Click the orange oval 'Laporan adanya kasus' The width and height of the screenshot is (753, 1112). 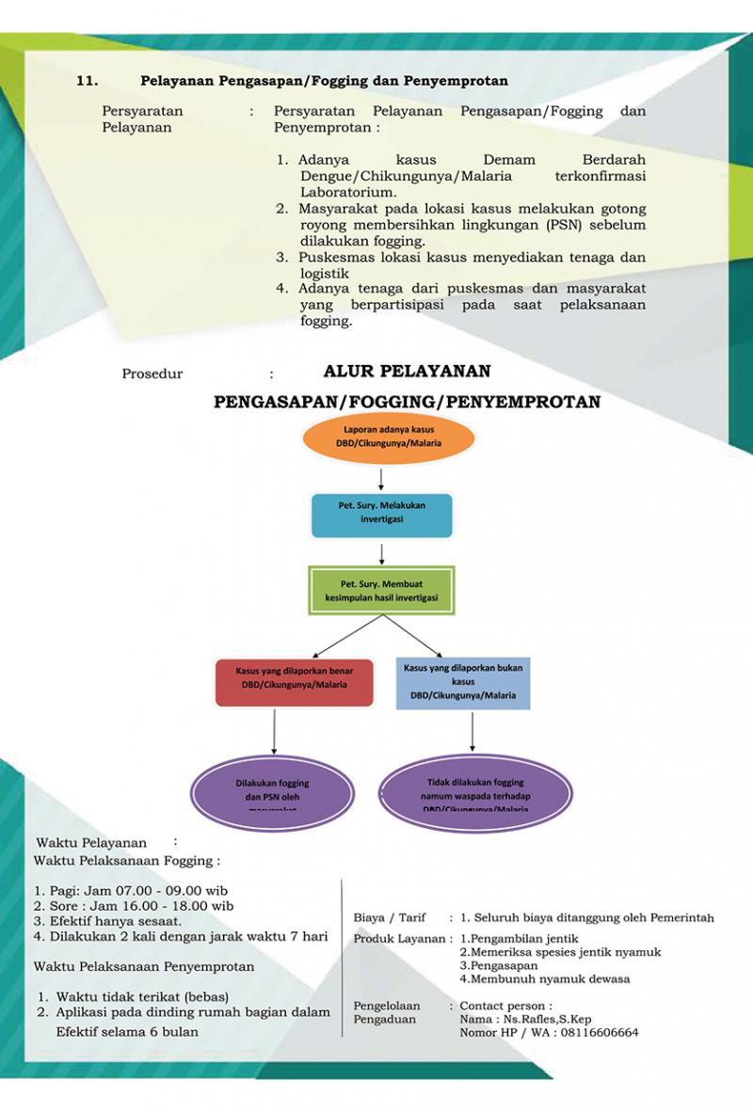pos(381,437)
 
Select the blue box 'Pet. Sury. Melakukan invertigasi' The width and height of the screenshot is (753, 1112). pos(381,514)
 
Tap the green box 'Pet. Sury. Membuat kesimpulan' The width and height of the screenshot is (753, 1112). pos(382,590)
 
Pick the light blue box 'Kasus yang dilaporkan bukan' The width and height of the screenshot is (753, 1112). pos(462,681)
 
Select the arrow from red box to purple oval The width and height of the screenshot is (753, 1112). pos(273,730)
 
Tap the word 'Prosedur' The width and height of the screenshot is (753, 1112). pos(152,374)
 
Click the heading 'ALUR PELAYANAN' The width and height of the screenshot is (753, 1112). pos(407,372)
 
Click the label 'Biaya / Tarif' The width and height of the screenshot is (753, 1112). pos(390,917)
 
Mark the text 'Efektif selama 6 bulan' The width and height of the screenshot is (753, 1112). pos(127,1031)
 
